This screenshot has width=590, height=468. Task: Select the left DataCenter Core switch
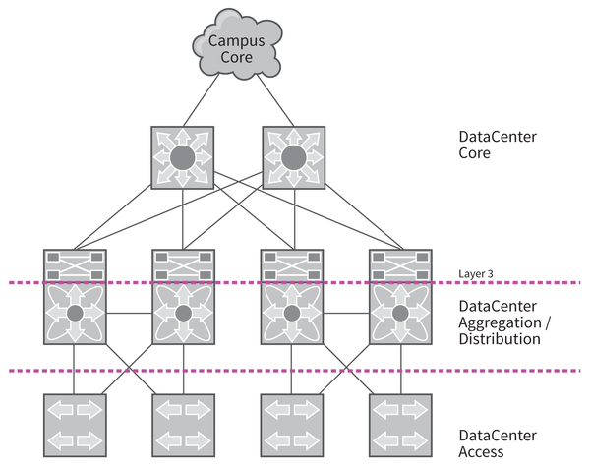(182, 157)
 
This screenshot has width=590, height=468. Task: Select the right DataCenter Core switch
(291, 157)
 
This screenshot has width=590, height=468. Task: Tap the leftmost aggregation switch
(74, 310)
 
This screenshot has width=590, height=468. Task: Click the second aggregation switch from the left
(183, 310)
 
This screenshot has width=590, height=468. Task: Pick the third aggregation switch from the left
(291, 310)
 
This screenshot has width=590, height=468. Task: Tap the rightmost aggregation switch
(400, 310)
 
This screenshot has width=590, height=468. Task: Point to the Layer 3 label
(476, 272)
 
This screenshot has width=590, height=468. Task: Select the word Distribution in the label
(500, 338)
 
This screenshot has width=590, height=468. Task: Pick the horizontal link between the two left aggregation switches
(128, 316)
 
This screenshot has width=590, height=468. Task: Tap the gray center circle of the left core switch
(182, 157)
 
